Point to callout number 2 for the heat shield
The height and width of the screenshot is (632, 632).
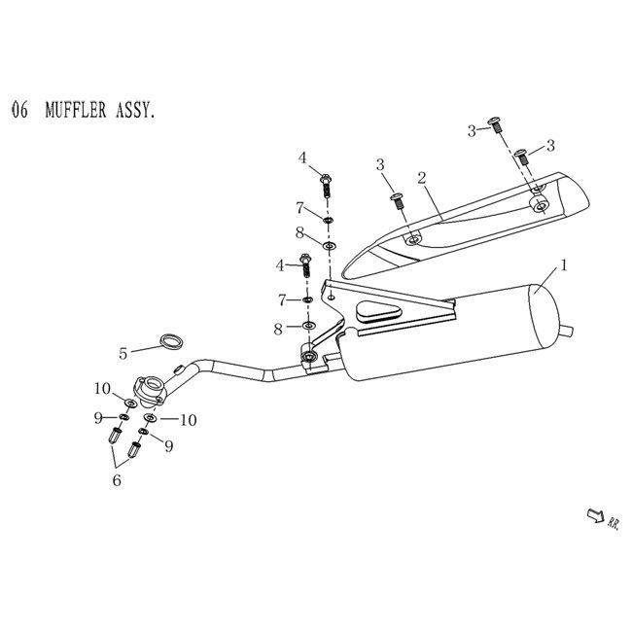coord(423,179)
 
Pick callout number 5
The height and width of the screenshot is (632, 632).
coord(123,351)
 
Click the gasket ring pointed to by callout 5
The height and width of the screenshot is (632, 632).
coord(171,340)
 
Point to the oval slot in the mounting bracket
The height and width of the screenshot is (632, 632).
coord(379,313)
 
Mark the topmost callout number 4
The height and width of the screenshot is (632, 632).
coord(302,158)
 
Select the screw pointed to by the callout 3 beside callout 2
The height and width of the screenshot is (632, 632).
coord(398,200)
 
